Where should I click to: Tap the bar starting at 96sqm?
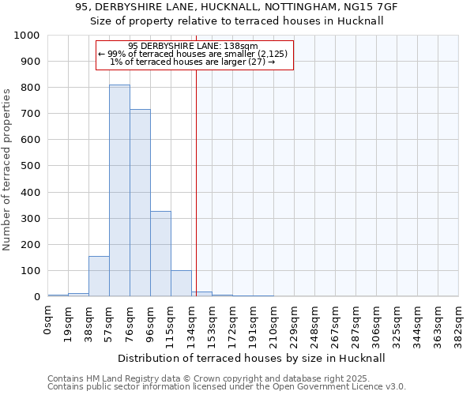coord(160,254)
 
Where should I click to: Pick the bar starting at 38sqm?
coord(99,276)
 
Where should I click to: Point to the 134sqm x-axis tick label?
coord(191,324)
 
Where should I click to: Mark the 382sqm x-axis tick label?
coord(458,324)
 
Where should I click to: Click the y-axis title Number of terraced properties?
coord(8,169)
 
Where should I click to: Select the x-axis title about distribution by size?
coord(252,358)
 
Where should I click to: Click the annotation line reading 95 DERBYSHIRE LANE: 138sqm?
coord(193,46)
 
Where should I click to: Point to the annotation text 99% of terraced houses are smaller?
coord(193,54)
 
